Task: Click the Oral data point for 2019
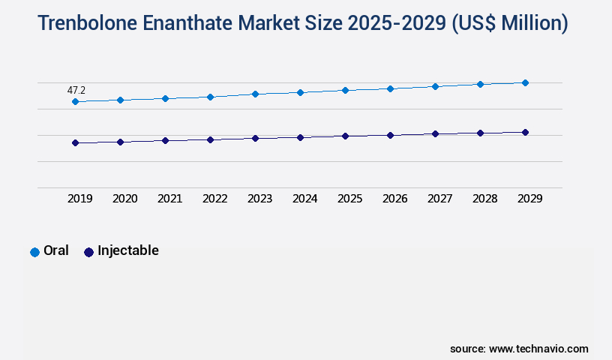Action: click(x=75, y=101)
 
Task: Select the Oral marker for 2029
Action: click(x=525, y=82)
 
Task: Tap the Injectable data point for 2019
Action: click(x=75, y=142)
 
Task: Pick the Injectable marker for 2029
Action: click(x=525, y=132)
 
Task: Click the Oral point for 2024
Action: click(x=300, y=92)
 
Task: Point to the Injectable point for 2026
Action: click(x=390, y=135)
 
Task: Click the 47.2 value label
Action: click(x=76, y=90)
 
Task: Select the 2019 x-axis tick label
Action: click(x=80, y=199)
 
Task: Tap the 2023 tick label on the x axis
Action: click(x=260, y=199)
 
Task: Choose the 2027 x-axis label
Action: click(x=440, y=199)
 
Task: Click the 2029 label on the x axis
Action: click(x=530, y=199)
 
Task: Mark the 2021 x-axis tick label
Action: click(x=170, y=199)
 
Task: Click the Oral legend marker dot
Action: click(x=34, y=252)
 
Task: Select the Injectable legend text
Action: click(x=128, y=250)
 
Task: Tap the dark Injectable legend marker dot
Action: click(x=88, y=252)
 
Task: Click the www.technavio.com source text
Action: click(x=538, y=349)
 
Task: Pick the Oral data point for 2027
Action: click(x=435, y=86)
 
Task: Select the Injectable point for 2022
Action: click(x=210, y=139)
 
